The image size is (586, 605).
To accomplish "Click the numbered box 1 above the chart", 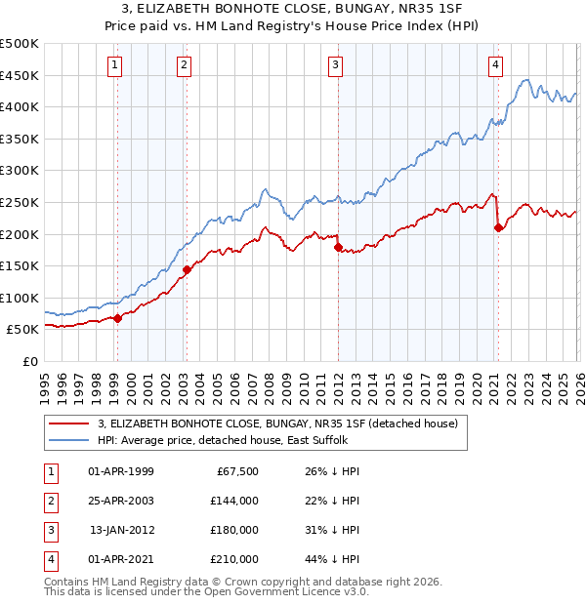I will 115,65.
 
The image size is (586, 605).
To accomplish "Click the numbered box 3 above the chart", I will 335,65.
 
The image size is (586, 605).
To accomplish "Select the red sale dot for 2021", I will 498,227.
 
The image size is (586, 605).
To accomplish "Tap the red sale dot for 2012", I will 338,247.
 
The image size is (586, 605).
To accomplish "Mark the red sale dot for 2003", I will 187,269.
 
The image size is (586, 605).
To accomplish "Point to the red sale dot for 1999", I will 117,318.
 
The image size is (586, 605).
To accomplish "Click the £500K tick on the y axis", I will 20,44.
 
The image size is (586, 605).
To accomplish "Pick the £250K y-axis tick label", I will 20,203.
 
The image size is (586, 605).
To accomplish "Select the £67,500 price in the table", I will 237,470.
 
